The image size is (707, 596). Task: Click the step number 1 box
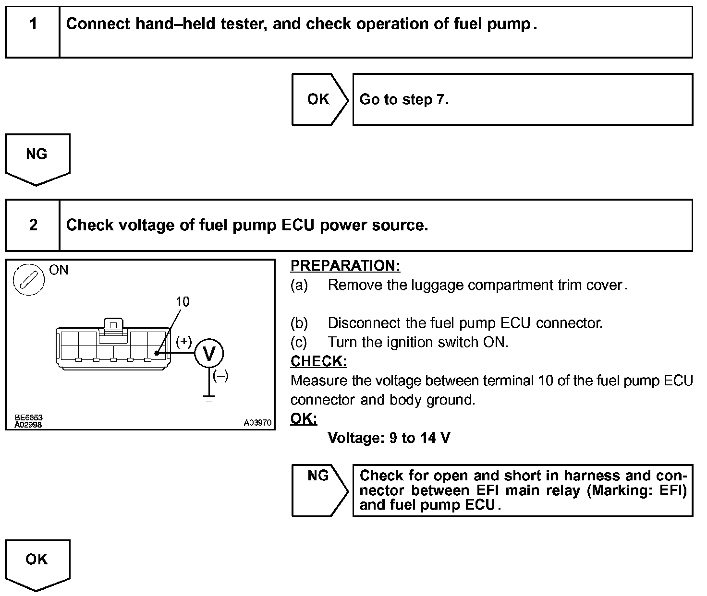pos(33,32)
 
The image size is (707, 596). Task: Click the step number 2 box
pos(33,225)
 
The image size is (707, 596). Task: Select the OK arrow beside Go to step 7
pos(319,99)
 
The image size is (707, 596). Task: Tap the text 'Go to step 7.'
pos(404,99)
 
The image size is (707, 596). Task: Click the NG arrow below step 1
pos(37,158)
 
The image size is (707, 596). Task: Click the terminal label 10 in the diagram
pos(183,301)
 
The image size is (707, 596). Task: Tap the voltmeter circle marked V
pos(209,354)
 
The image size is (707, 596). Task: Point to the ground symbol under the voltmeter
pos(209,398)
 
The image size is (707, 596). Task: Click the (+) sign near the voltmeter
pos(183,341)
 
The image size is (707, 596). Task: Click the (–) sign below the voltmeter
pos(220,376)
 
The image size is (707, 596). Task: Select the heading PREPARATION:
pos(345,265)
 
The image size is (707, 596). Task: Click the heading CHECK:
pos(319,361)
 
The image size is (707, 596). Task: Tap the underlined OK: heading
pos(304,418)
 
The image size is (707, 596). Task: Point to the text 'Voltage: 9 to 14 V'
pos(389,438)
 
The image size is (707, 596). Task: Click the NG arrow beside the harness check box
pos(319,489)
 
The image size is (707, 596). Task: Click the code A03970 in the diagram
pos(257,423)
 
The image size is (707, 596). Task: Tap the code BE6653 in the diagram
pos(28,418)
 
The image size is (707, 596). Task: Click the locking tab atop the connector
pos(113,325)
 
